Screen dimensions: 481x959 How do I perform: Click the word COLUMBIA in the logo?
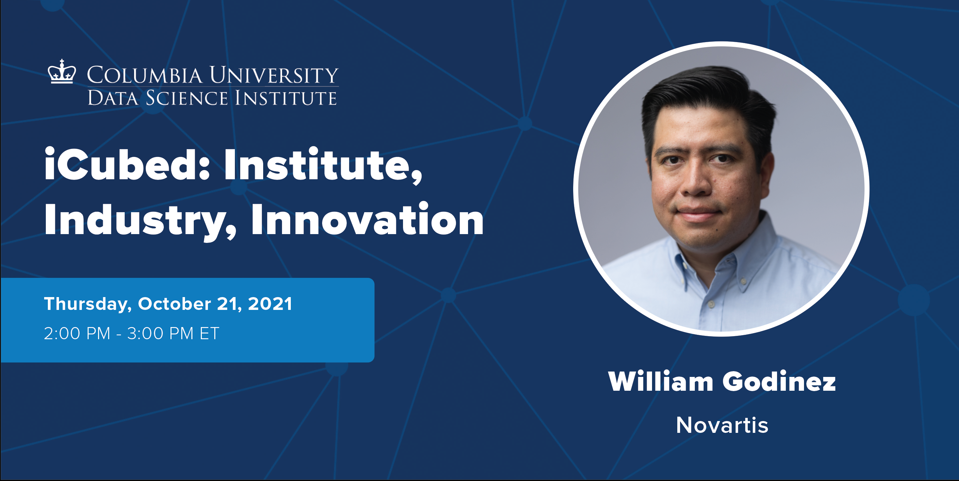pos(145,75)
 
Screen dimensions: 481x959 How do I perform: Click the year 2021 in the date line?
pos(270,304)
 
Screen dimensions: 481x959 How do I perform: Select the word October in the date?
pos(175,304)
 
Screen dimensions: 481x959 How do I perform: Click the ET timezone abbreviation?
pos(210,333)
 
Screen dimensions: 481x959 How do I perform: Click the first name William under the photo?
pos(660,382)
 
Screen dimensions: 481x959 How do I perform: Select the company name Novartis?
pos(722,425)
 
